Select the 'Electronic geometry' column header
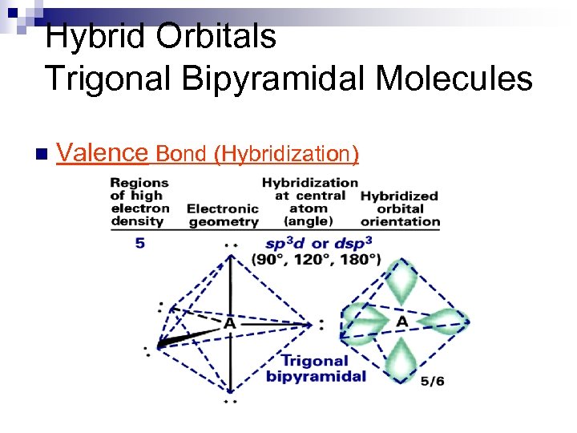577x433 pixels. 223,215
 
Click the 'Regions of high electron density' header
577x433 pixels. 139,201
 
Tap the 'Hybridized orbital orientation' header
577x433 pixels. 400,208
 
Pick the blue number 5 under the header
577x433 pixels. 140,242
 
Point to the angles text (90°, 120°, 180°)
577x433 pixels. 316,260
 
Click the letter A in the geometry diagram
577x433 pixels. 229,324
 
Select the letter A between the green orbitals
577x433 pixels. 401,322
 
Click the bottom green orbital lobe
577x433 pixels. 401,360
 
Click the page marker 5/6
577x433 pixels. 433,382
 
